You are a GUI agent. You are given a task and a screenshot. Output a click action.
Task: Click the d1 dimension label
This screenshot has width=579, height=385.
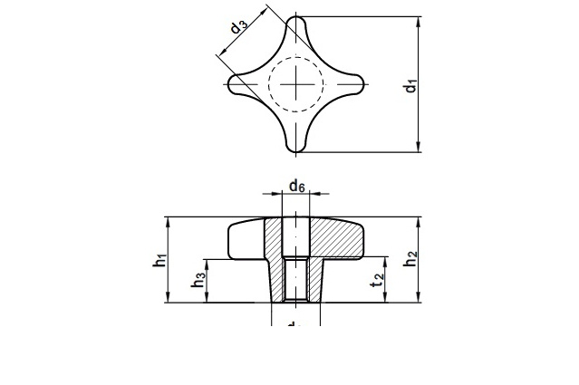pyautogui.click(x=410, y=86)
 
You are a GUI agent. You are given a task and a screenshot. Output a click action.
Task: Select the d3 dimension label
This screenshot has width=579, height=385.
pyautogui.click(x=238, y=26)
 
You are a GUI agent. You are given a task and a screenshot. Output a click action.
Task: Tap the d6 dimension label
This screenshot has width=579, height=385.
pyautogui.click(x=296, y=187)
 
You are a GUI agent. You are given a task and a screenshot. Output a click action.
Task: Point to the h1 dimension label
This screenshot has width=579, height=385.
pyautogui.click(x=159, y=260)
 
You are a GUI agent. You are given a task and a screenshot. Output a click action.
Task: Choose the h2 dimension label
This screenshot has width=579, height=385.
pyautogui.click(x=410, y=258)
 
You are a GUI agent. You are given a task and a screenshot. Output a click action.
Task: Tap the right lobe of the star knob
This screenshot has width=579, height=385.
pyautogui.click(x=353, y=83)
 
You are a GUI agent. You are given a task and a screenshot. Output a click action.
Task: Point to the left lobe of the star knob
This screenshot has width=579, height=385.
pyautogui.click(x=239, y=83)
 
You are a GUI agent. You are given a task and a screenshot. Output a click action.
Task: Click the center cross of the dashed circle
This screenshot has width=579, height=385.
pyautogui.click(x=296, y=83)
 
